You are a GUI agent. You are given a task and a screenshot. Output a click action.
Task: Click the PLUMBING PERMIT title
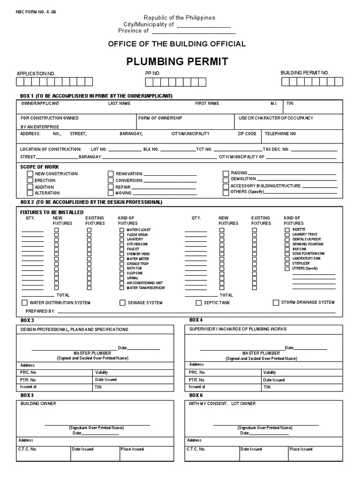pos(177,61)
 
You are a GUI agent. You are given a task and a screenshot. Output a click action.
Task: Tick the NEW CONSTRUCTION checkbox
pos(30,174)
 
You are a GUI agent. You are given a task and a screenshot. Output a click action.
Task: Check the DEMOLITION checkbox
pos(225,180)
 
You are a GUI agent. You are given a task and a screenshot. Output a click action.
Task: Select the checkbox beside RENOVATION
pos(111,174)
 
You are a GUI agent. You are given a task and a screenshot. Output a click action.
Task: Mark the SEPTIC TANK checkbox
pos(199,303)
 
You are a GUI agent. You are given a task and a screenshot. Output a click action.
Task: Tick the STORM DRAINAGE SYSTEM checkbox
pos(276,302)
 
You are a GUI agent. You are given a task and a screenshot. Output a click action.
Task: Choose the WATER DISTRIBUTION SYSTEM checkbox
pos(25,303)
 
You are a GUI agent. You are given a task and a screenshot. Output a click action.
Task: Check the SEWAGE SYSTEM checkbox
pos(122,303)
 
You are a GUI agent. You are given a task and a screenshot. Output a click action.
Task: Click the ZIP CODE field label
pos(247,134)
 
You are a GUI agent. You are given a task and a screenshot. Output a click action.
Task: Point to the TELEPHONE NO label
pos(280,134)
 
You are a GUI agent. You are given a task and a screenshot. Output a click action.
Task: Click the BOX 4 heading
pos(196,320)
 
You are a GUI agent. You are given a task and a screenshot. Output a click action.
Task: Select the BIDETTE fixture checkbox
pos(287,229)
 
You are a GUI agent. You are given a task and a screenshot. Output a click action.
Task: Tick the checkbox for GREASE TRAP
pos(122,263)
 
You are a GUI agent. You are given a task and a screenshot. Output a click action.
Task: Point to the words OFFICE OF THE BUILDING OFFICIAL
pos(177,44)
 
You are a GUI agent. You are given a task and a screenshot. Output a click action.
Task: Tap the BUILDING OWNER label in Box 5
pos(38,404)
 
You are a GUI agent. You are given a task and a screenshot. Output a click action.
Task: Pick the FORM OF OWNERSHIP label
pos(160,118)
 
